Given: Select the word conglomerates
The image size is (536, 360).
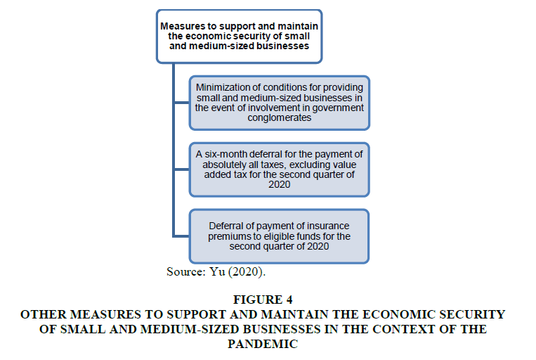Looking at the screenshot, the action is tap(280, 118).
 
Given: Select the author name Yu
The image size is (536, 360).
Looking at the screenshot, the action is tap(217, 271).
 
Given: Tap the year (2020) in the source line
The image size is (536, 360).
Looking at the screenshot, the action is tap(247, 272).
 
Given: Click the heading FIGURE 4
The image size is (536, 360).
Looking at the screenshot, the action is tap(263, 300).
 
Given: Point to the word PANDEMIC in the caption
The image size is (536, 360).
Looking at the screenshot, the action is tap(263, 344).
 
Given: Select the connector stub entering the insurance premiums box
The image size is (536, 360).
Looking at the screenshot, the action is tap(181, 236).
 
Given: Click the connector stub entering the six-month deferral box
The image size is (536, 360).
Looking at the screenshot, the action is tap(182, 169).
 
